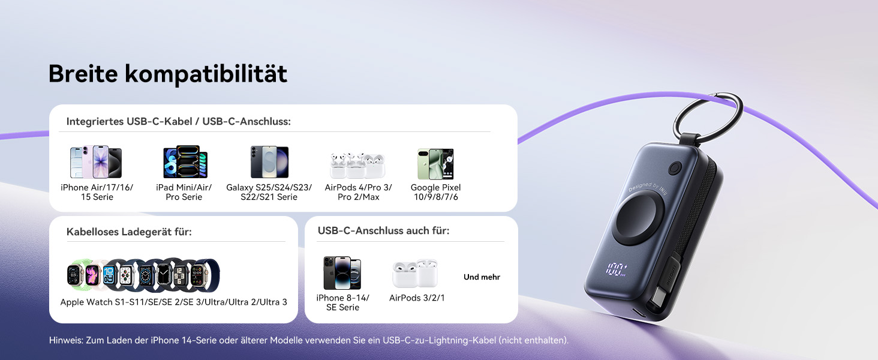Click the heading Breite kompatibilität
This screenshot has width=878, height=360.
[168, 74]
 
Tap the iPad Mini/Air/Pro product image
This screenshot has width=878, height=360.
[185, 162]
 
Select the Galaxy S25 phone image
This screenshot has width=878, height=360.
[269, 162]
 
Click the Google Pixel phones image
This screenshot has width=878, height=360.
[435, 163]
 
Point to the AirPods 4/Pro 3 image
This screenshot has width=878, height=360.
[357, 165]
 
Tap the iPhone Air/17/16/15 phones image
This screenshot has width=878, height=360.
[96, 162]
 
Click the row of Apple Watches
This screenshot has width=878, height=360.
[143, 275]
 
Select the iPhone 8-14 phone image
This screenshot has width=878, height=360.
[342, 273]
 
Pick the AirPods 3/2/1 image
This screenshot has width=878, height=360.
[415, 274]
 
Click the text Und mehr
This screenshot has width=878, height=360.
[482, 277]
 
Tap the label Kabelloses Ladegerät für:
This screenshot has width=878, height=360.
[129, 231]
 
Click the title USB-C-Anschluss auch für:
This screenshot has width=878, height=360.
[383, 230]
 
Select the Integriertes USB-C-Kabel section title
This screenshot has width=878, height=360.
[178, 121]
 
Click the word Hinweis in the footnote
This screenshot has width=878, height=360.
[65, 340]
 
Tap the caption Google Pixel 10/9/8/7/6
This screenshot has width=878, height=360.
[435, 192]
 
